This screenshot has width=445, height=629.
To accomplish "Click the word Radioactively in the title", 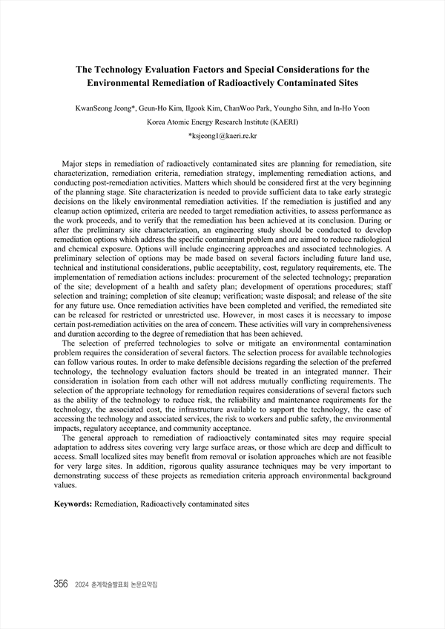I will coord(252,83).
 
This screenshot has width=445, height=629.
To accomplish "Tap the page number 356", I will coord(61,584).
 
